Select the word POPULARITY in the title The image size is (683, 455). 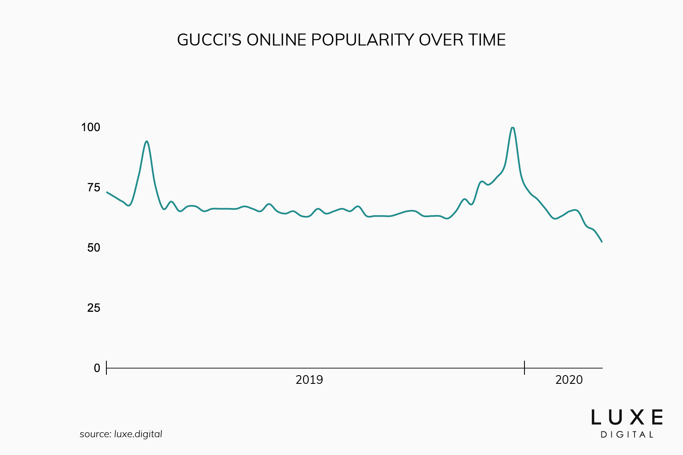[x=363, y=40]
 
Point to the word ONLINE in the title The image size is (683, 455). [x=276, y=40]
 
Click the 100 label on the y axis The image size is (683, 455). [x=91, y=127]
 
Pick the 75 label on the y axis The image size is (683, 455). [x=94, y=188]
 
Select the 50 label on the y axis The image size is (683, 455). [x=94, y=248]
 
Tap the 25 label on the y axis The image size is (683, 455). [x=94, y=308]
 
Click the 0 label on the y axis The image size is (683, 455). [x=97, y=368]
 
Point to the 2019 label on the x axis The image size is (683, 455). [x=309, y=380]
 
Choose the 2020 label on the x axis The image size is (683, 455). [x=569, y=380]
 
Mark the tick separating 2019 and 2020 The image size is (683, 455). [x=524, y=367]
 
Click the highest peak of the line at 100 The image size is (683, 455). [x=513, y=127]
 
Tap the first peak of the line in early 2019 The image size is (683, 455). [x=147, y=141]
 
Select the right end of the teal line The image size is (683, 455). [x=601, y=242]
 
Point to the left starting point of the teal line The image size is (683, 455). [x=107, y=192]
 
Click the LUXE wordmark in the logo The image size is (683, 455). [x=627, y=417]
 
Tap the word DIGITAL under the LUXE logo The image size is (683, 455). [x=627, y=435]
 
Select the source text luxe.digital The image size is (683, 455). [x=138, y=434]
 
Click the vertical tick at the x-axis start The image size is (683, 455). [x=107, y=367]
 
